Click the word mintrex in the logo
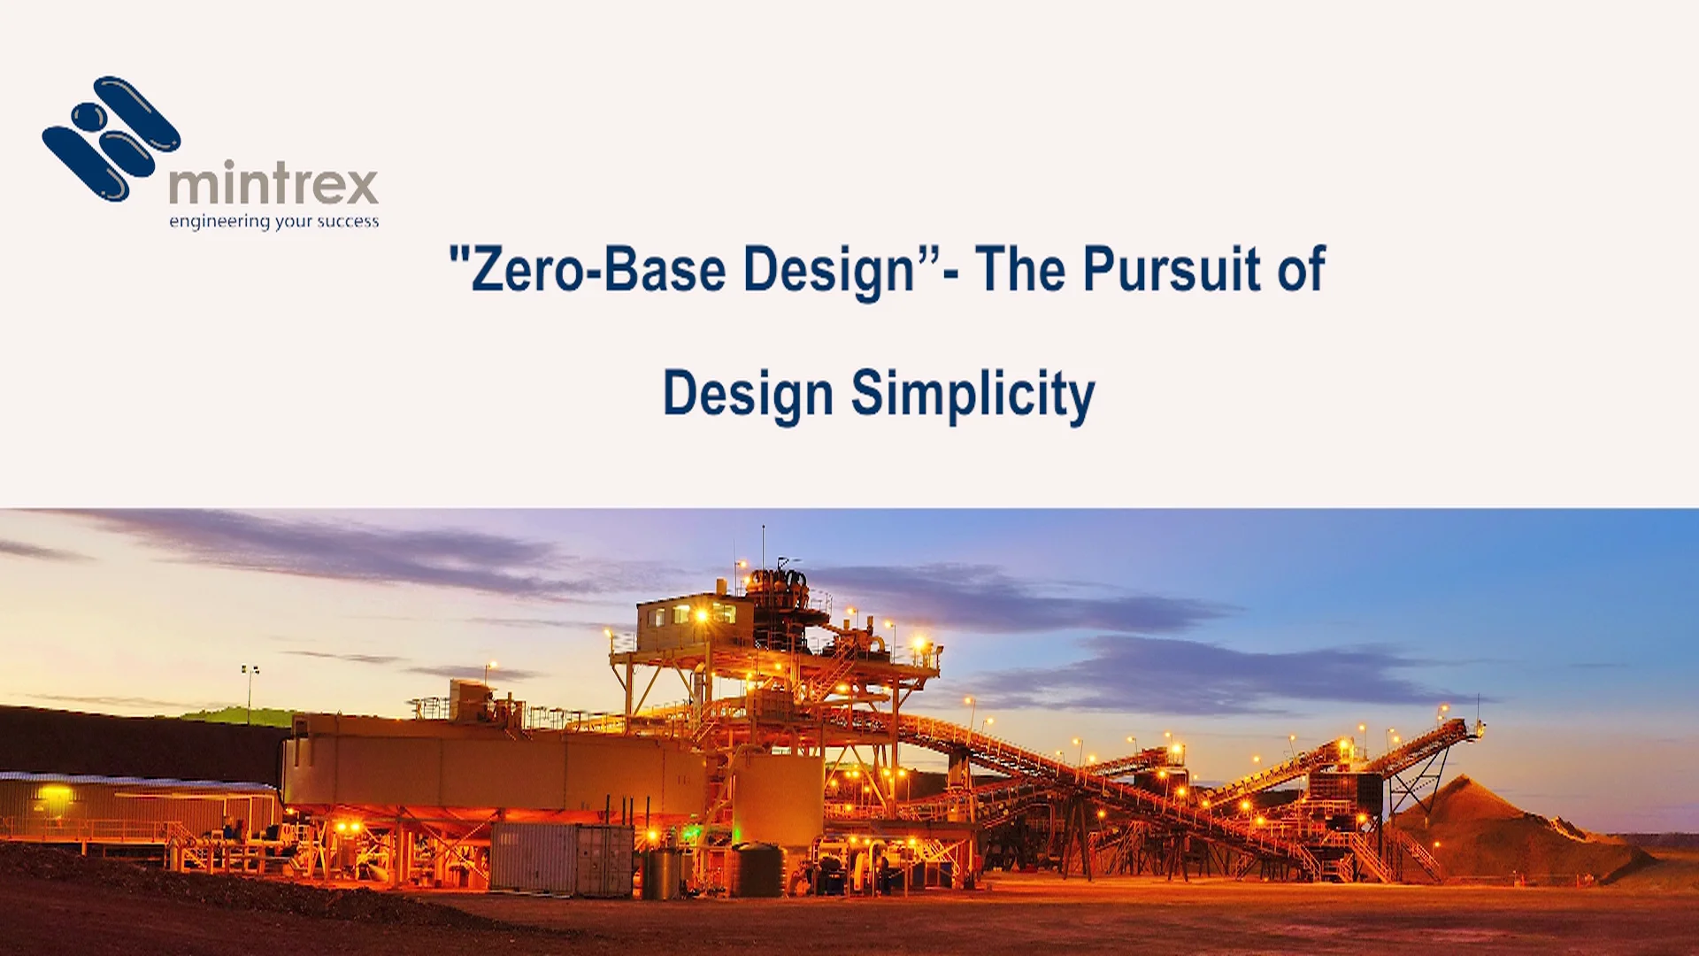273,184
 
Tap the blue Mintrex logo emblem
111,139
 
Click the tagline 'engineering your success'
273,221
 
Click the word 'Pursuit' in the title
1171,268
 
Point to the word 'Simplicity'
973,394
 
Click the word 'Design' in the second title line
748,394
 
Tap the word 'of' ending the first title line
1301,268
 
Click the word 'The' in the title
1019,268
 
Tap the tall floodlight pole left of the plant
250,695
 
